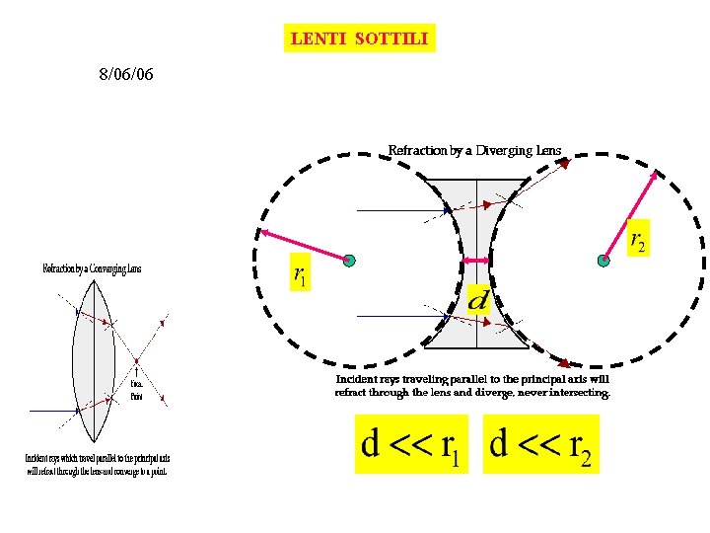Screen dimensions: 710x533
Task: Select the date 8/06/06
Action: point(125,74)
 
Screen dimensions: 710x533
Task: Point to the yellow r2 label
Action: point(638,236)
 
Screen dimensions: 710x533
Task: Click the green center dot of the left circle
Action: point(348,261)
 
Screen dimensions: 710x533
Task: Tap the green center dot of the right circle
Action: point(603,261)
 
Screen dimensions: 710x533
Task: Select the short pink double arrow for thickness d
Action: point(477,261)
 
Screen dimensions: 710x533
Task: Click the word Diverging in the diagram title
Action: point(504,151)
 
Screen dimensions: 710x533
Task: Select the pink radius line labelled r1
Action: point(304,247)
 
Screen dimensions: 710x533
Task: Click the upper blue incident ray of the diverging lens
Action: point(399,210)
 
